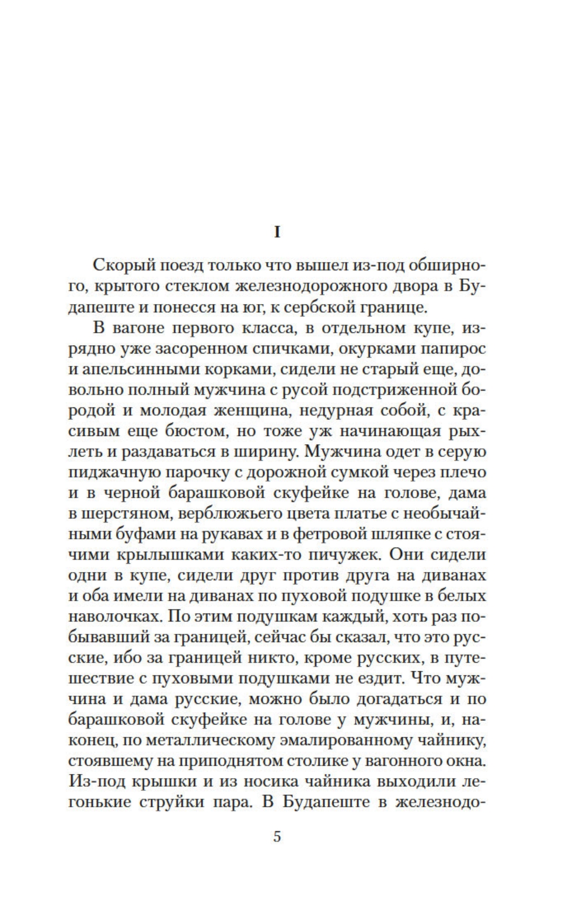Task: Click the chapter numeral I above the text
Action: tap(277, 232)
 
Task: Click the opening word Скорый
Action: tap(120, 266)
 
